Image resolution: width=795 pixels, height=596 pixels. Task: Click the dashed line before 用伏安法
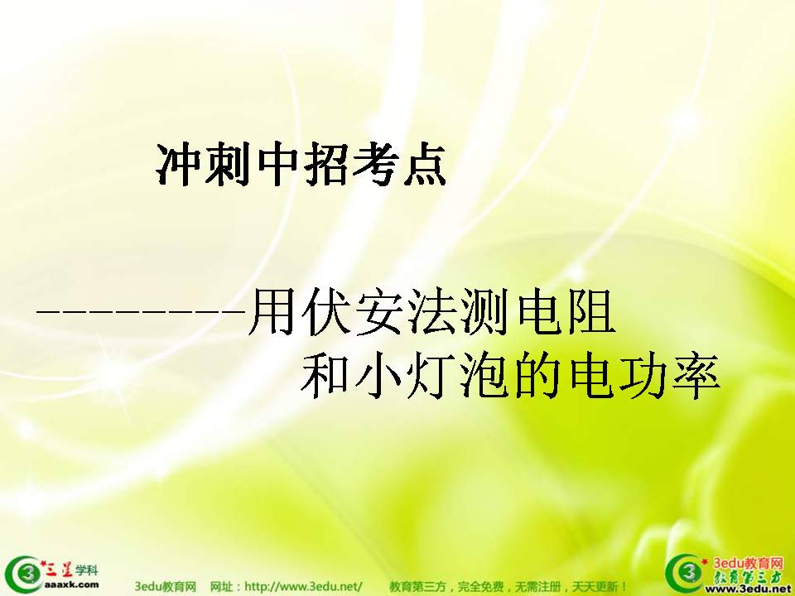[x=141, y=310]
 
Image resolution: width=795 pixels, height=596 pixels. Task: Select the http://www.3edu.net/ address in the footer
[x=303, y=587]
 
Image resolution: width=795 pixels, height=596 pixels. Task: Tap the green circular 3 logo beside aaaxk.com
[x=24, y=574]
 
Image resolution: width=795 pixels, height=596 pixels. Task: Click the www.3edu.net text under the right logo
[x=755, y=589]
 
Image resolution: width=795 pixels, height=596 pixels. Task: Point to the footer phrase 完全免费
[x=480, y=587]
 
